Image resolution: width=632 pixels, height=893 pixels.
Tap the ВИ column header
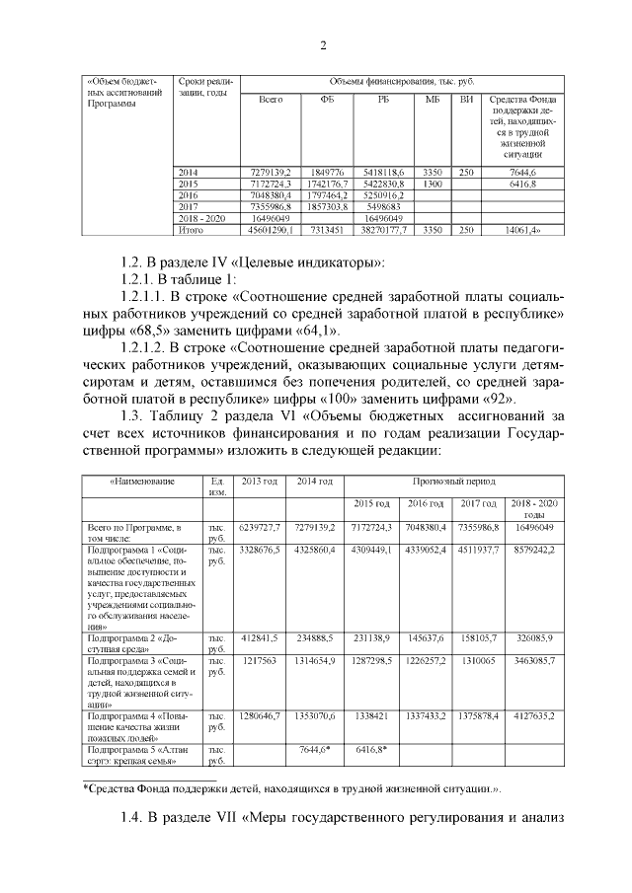pos(467,100)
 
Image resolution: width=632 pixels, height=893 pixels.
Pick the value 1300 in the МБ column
pos(432,185)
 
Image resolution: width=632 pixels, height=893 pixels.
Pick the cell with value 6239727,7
pos(260,528)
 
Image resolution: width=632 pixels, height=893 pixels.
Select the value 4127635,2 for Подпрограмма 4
pos(535,713)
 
